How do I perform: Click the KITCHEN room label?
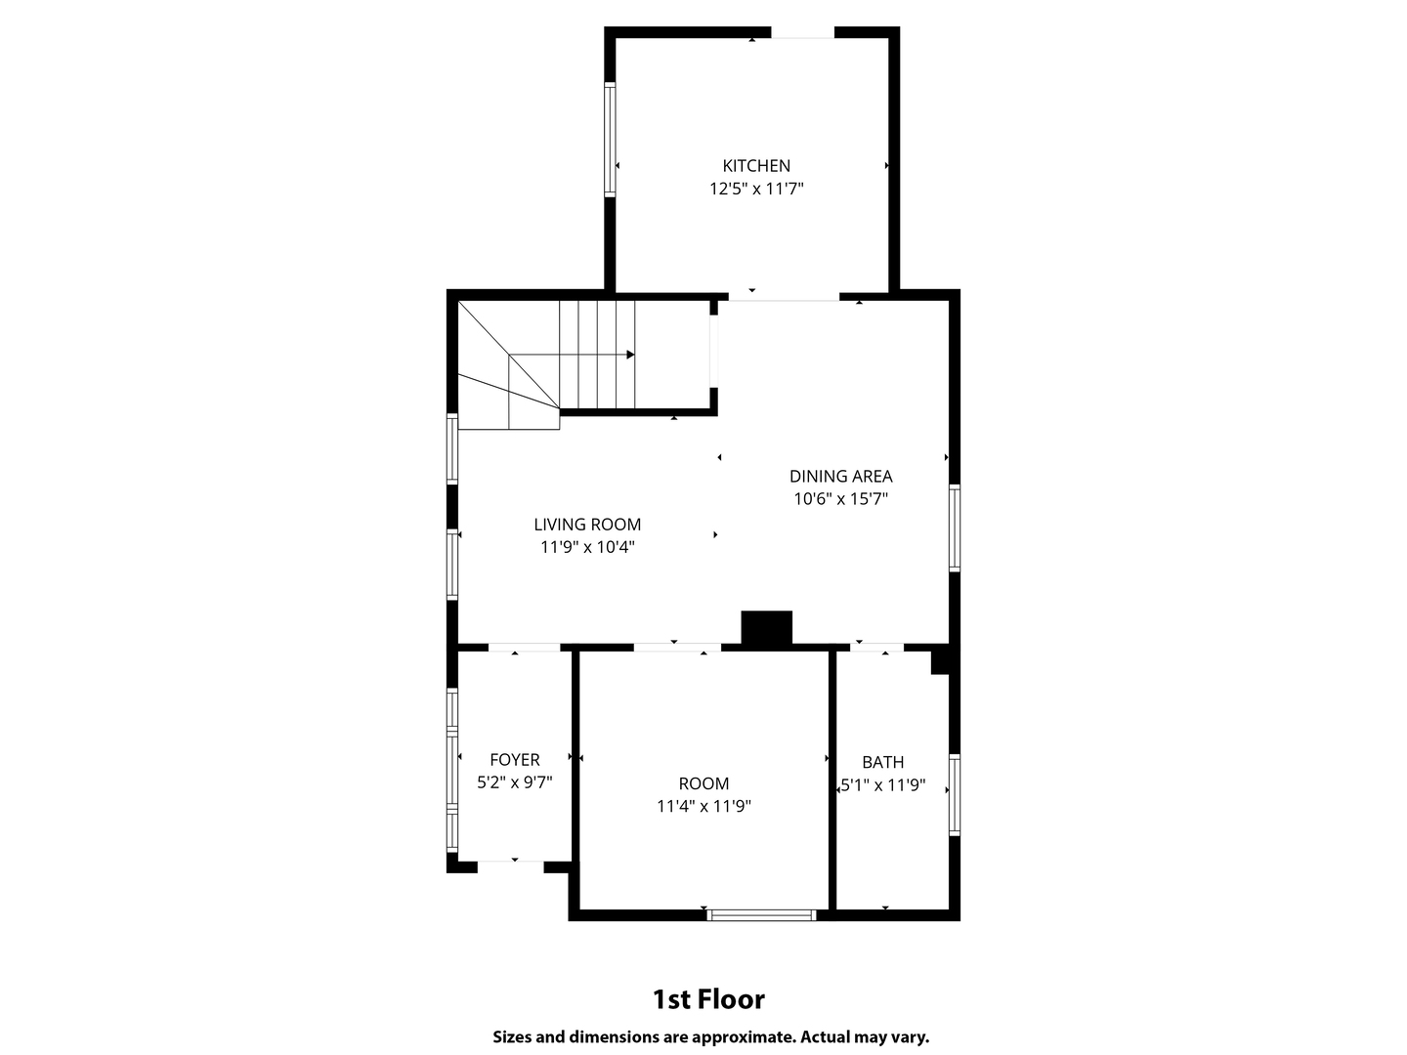[x=756, y=166]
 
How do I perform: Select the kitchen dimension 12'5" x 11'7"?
[x=756, y=189]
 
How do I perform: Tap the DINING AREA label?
[x=840, y=477]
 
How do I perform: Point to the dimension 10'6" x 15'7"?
[x=840, y=499]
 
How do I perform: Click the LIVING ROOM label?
[x=587, y=525]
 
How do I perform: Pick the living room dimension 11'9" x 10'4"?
[x=587, y=547]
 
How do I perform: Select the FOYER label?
[x=514, y=760]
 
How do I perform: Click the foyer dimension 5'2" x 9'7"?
[x=514, y=782]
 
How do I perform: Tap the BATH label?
[x=882, y=762]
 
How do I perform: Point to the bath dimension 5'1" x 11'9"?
[x=882, y=785]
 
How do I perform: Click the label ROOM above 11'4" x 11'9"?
[x=703, y=783]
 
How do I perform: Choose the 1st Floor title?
[x=708, y=999]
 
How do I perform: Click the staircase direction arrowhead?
[x=630, y=355]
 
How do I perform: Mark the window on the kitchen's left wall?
[x=611, y=140]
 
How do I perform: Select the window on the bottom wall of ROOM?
[x=761, y=915]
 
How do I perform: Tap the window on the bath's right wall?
[x=955, y=794]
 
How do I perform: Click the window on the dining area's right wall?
[x=955, y=527]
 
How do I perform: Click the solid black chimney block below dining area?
[x=766, y=628]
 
